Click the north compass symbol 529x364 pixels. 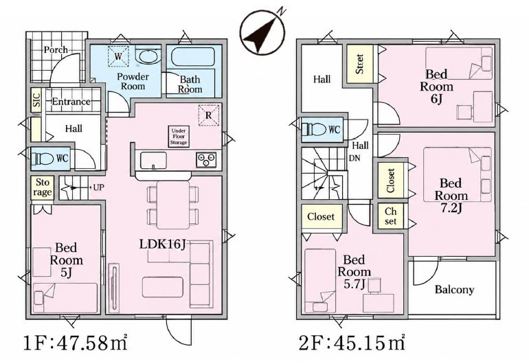[x=262, y=32]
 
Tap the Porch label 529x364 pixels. [x=56, y=50]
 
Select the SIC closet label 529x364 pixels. [x=36, y=100]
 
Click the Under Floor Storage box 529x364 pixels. [x=179, y=137]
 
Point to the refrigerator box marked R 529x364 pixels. [x=208, y=115]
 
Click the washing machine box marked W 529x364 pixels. [x=118, y=56]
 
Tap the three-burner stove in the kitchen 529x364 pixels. [x=206, y=159]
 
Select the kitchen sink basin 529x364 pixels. [x=153, y=160]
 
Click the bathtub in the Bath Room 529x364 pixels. [x=192, y=58]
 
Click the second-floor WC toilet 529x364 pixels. [x=315, y=129]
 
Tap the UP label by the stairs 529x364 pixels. [x=98, y=187]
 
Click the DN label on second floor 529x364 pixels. [x=354, y=158]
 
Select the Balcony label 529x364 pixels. [x=454, y=289]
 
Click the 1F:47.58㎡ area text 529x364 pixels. [x=75, y=343]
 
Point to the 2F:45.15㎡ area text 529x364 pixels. [x=352, y=343]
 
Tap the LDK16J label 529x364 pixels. [x=163, y=244]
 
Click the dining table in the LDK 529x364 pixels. [x=173, y=205]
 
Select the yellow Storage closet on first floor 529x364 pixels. [x=43, y=187]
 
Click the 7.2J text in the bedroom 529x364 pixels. [x=451, y=208]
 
